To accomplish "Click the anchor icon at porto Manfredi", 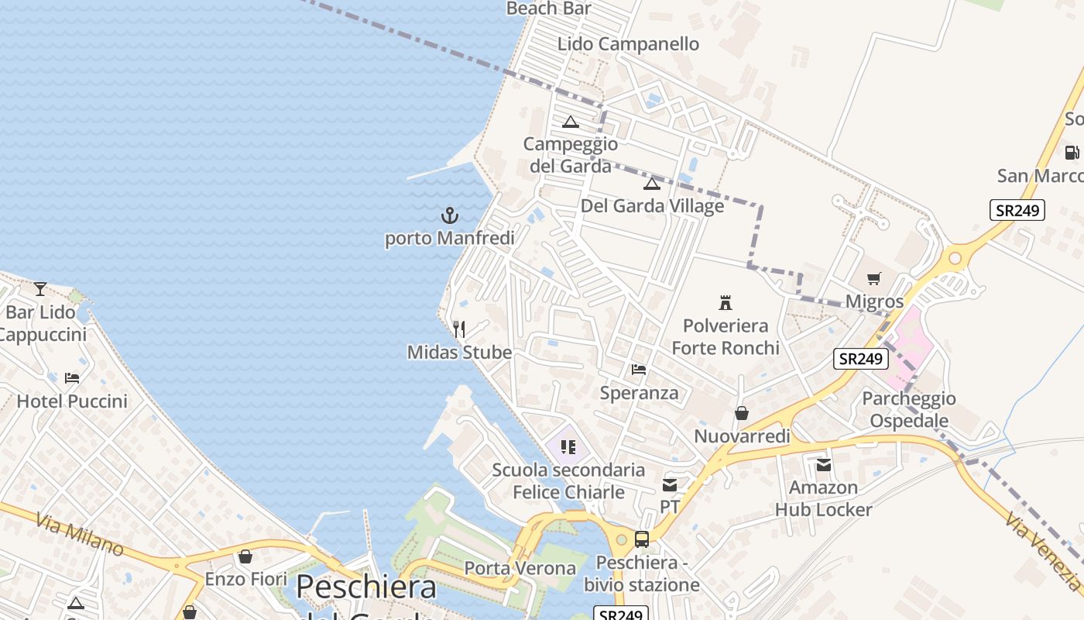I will (x=450, y=215).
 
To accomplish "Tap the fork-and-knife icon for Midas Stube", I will (x=459, y=329).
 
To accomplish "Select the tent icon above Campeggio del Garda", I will (x=571, y=122).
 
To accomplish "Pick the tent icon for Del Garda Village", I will (x=651, y=184).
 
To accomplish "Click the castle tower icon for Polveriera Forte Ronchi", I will (x=726, y=302).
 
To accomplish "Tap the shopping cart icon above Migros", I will (x=874, y=278).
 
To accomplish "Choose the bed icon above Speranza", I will (x=639, y=369).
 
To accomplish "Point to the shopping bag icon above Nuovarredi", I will (x=742, y=413).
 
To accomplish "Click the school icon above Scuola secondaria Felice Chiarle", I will (x=568, y=446).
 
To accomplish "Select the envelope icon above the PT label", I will (x=670, y=485).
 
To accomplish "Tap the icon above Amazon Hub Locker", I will (x=824, y=465).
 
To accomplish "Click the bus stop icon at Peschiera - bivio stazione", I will (x=641, y=539).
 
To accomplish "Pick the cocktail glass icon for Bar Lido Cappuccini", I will (x=40, y=289).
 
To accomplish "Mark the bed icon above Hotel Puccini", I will (x=72, y=378).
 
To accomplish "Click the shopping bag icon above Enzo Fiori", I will (x=245, y=556).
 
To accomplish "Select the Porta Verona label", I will (x=520, y=568).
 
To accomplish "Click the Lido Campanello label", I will (x=628, y=44).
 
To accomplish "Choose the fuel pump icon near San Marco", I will (x=1072, y=153).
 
